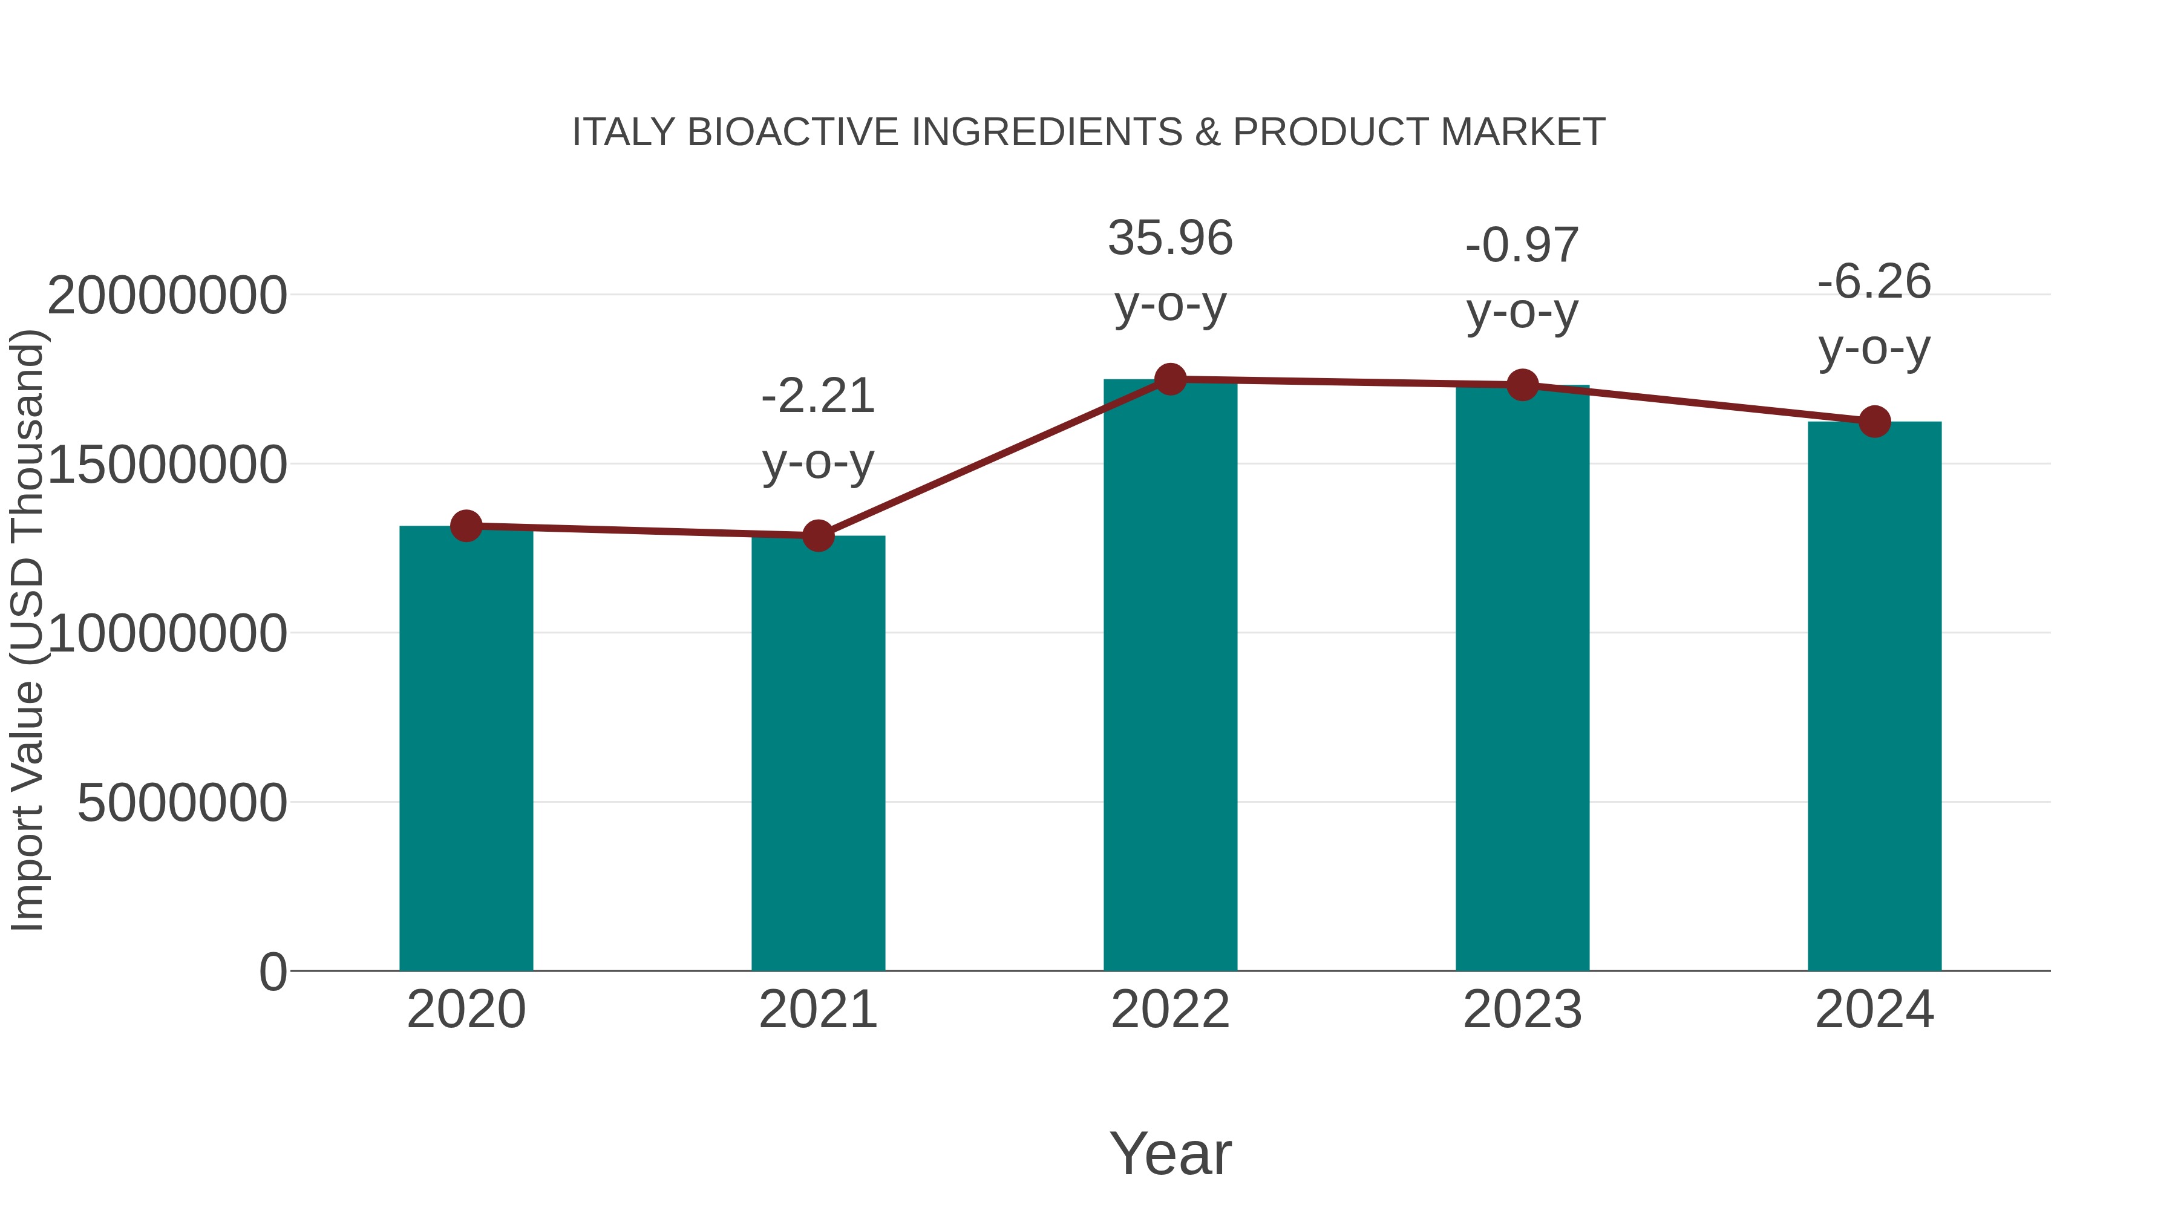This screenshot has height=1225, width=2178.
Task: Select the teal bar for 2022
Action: pyautogui.click(x=1170, y=676)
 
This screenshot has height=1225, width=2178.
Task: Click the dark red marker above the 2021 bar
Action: pyautogui.click(x=817, y=535)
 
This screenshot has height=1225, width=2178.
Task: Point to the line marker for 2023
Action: pyautogui.click(x=1522, y=385)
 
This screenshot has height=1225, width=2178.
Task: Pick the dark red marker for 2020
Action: pyautogui.click(x=466, y=526)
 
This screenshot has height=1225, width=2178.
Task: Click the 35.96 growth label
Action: pyautogui.click(x=1170, y=238)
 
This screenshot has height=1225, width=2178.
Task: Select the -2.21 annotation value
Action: pyautogui.click(x=817, y=396)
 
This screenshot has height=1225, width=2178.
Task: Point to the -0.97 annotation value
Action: pyautogui.click(x=1522, y=246)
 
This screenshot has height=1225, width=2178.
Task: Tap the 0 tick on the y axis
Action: pyautogui.click(x=273, y=972)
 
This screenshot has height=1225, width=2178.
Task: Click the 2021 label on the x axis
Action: pyautogui.click(x=817, y=1010)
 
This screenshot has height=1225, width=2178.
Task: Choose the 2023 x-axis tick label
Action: pyautogui.click(x=1522, y=1010)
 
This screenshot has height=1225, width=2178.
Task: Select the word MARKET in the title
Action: pyautogui.click(x=1522, y=132)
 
